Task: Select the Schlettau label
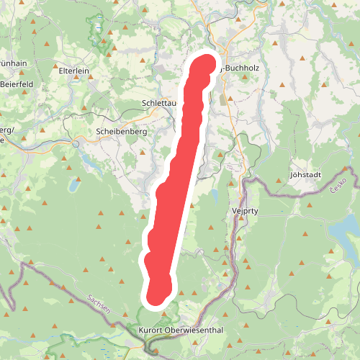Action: point(159,103)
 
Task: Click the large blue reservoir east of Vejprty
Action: point(344,230)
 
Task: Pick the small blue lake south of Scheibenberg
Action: point(73,185)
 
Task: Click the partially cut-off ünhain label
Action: point(14,63)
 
